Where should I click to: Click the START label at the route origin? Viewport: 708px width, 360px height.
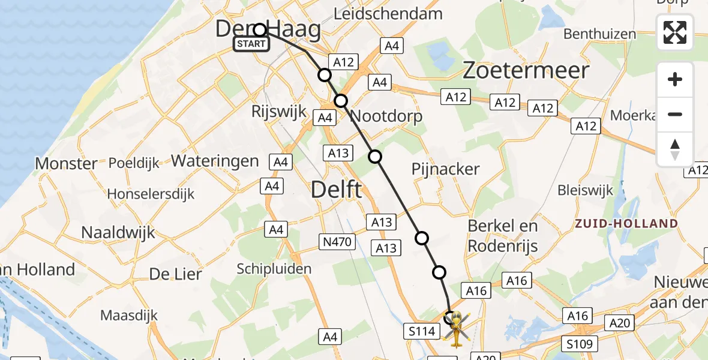[x=251, y=44]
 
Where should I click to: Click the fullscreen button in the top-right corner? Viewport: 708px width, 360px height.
[x=675, y=32]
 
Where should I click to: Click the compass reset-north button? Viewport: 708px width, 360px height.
[x=675, y=149]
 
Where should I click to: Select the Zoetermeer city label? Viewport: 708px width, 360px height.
[x=526, y=71]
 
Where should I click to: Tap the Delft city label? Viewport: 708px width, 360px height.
[x=336, y=190]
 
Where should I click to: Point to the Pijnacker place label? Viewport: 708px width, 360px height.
[x=445, y=169]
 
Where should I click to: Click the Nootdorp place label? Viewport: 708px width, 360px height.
[x=386, y=116]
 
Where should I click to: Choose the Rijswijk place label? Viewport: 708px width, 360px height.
[x=280, y=112]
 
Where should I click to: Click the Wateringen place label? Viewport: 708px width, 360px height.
[x=215, y=161]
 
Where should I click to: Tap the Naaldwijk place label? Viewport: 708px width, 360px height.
[x=118, y=232]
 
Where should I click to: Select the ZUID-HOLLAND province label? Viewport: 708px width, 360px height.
[x=626, y=224]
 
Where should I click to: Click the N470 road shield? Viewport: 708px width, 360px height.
[x=337, y=242]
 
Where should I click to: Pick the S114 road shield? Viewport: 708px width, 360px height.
[x=421, y=331]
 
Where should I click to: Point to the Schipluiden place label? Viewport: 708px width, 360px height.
[x=274, y=268]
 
